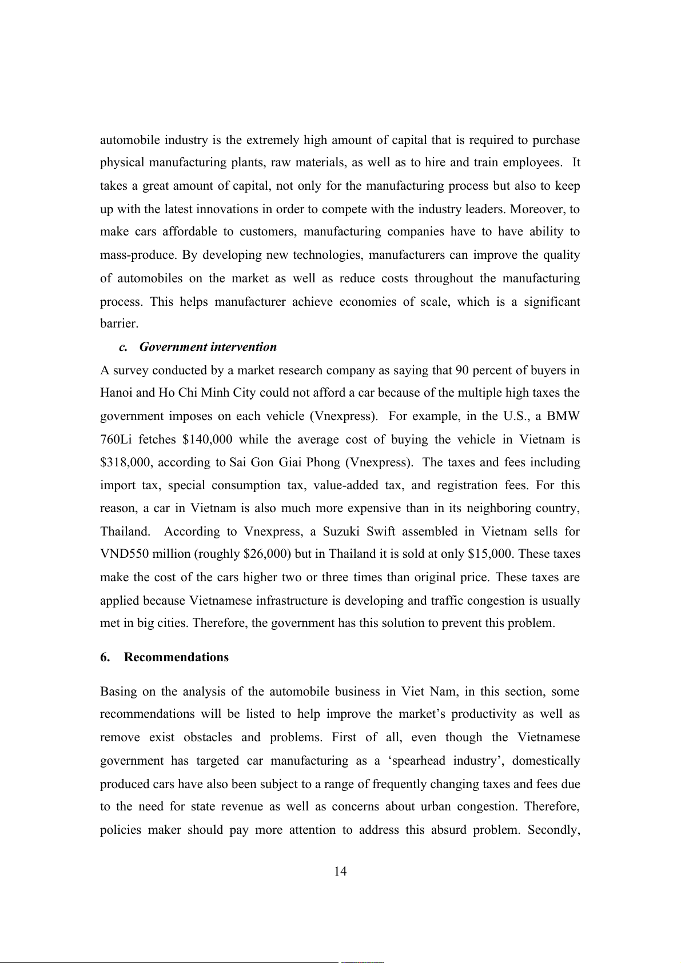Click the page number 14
point(340,872)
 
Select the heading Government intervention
point(208,347)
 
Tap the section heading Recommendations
point(176,657)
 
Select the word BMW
point(563,416)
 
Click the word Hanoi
point(116,393)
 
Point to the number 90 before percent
point(462,370)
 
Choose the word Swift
point(381,532)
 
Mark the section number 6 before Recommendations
point(105,657)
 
